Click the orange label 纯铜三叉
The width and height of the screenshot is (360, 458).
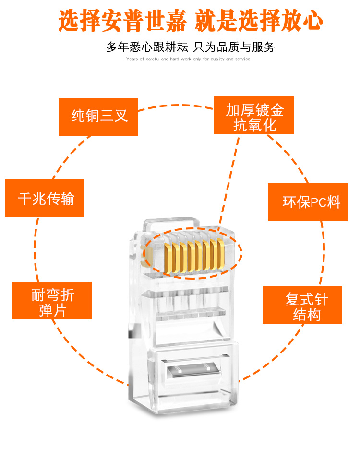[98, 117]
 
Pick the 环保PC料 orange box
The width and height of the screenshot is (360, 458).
[307, 201]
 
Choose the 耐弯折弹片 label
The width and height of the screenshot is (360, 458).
[52, 301]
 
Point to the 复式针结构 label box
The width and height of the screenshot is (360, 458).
[302, 305]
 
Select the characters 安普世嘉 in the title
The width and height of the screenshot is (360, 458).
[146, 22]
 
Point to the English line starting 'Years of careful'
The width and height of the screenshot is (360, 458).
[188, 59]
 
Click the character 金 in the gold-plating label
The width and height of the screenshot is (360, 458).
[276, 110]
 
